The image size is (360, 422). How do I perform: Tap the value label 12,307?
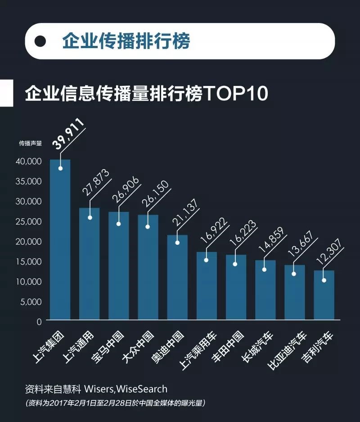[x=330, y=252]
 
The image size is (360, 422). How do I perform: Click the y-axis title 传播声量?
[x=30, y=144]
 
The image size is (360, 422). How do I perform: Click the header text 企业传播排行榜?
[x=126, y=41]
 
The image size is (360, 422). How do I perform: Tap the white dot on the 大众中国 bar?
[x=148, y=227]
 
